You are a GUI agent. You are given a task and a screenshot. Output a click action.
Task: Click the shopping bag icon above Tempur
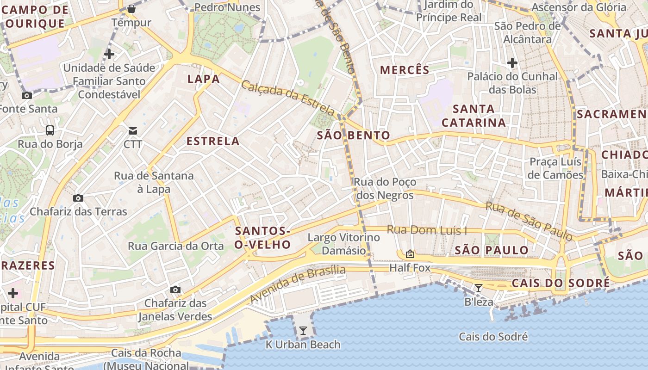click(x=131, y=8)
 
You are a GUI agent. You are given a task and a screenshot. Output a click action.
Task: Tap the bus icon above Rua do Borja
click(x=50, y=130)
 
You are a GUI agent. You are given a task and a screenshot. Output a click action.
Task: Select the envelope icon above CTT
click(x=133, y=130)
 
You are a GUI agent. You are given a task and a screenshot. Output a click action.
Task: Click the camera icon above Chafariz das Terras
click(x=78, y=198)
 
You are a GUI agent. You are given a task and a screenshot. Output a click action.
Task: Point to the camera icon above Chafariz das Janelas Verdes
click(x=175, y=290)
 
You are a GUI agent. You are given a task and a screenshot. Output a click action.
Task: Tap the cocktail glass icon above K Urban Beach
click(x=303, y=330)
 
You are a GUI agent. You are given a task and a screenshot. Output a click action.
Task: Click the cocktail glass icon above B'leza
click(x=479, y=288)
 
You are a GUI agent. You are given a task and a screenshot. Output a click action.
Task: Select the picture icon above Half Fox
click(x=410, y=254)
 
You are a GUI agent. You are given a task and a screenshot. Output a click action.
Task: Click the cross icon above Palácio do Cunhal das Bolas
click(x=512, y=62)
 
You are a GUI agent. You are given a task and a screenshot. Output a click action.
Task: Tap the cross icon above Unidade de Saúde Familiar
click(x=109, y=54)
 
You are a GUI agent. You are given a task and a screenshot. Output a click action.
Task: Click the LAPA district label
click(x=204, y=79)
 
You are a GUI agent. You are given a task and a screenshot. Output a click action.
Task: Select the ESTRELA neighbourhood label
click(x=213, y=141)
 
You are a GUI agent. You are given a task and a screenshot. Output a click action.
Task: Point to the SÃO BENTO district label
click(x=354, y=135)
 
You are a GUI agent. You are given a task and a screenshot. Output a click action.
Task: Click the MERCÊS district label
click(x=405, y=70)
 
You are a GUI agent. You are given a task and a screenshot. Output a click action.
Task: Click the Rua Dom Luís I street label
click(x=427, y=230)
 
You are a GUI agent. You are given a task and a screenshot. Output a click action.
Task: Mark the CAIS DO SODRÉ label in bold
click(x=561, y=283)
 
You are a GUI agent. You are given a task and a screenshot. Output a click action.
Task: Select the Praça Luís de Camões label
click(x=555, y=168)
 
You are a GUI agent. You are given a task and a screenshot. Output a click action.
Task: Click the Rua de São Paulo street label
click(x=529, y=221)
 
